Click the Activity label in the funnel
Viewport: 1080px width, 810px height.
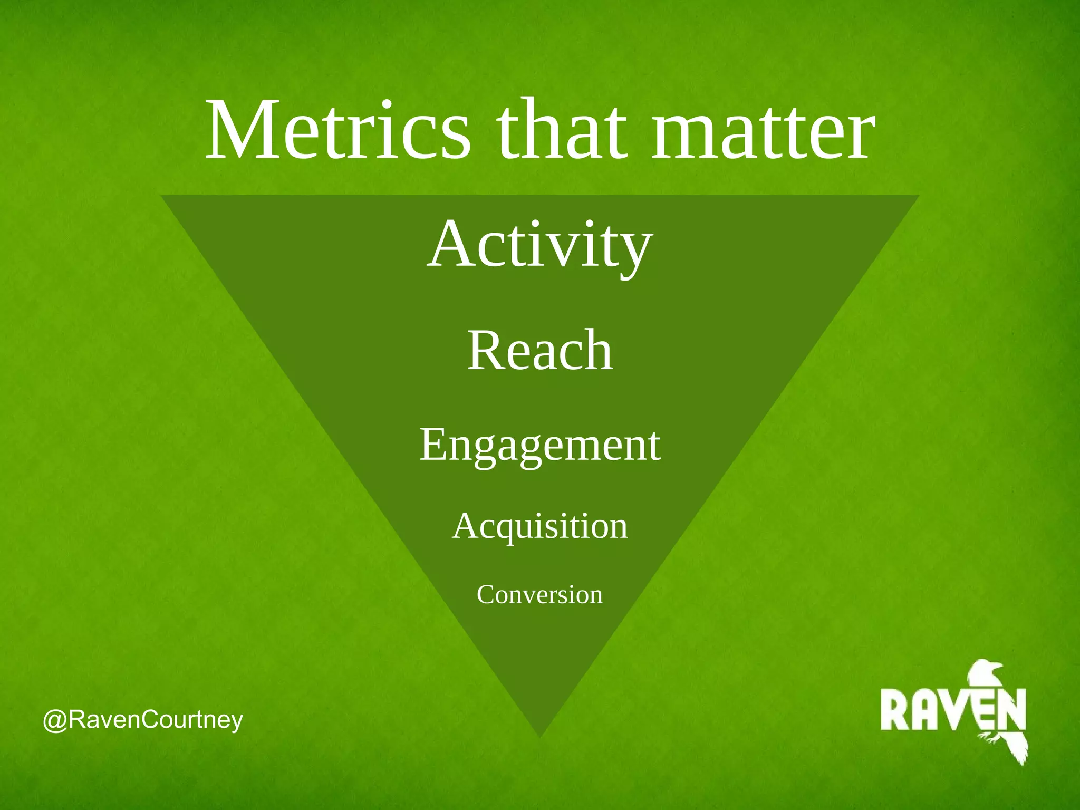pos(539,245)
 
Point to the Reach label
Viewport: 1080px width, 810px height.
pos(540,350)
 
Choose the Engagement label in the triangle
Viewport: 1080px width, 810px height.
pos(539,446)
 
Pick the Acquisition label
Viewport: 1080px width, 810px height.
pos(540,526)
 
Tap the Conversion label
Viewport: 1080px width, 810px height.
pos(539,595)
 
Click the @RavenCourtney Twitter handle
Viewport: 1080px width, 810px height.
pos(143,720)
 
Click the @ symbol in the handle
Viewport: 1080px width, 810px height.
pos(55,721)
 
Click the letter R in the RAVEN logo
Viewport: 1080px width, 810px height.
pos(894,710)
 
